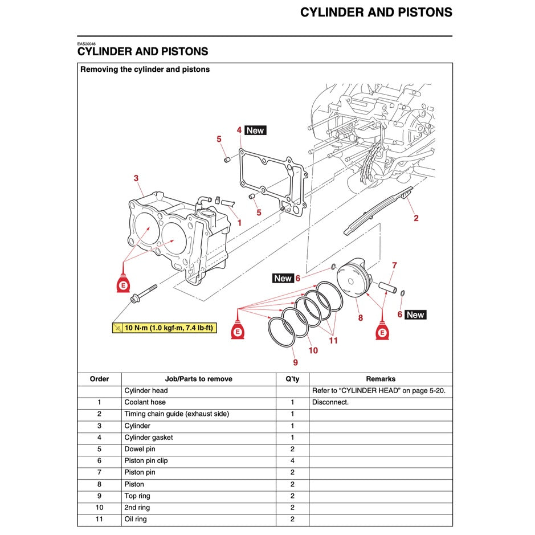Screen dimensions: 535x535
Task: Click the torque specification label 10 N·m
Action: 164,328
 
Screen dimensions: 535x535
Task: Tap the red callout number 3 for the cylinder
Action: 136,178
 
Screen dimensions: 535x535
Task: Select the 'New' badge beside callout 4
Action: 255,130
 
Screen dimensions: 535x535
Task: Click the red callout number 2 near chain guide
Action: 416,218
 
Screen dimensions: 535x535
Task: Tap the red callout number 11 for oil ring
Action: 333,341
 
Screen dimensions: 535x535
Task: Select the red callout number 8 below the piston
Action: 360,318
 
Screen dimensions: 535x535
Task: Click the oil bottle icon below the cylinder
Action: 121,284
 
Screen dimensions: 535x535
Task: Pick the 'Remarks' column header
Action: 381,379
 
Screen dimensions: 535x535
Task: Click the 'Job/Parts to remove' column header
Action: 198,379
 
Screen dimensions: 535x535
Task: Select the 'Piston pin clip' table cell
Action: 146,461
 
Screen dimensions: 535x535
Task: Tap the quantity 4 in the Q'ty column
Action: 292,461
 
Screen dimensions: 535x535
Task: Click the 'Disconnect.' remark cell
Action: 330,402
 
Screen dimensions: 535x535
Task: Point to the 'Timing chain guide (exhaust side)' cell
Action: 177,414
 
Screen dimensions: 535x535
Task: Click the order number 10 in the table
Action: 99,508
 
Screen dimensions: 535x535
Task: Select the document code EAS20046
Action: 87,44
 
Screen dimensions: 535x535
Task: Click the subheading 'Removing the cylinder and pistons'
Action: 145,70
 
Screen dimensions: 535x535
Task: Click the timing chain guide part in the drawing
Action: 376,211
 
